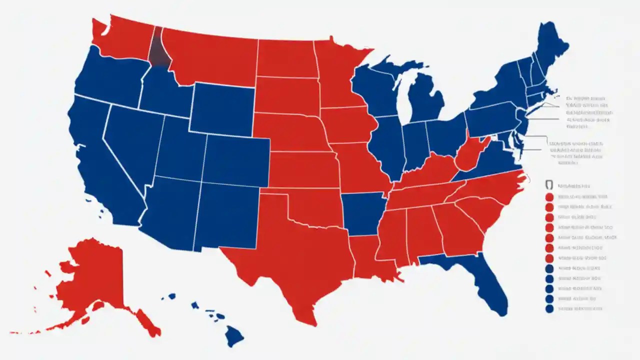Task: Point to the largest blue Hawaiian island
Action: (233, 335)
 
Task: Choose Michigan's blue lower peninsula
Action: (425, 100)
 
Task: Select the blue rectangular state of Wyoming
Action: (222, 110)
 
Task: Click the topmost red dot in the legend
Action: (549, 196)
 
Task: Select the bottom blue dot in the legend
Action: (549, 309)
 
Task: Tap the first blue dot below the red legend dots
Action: (549, 268)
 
